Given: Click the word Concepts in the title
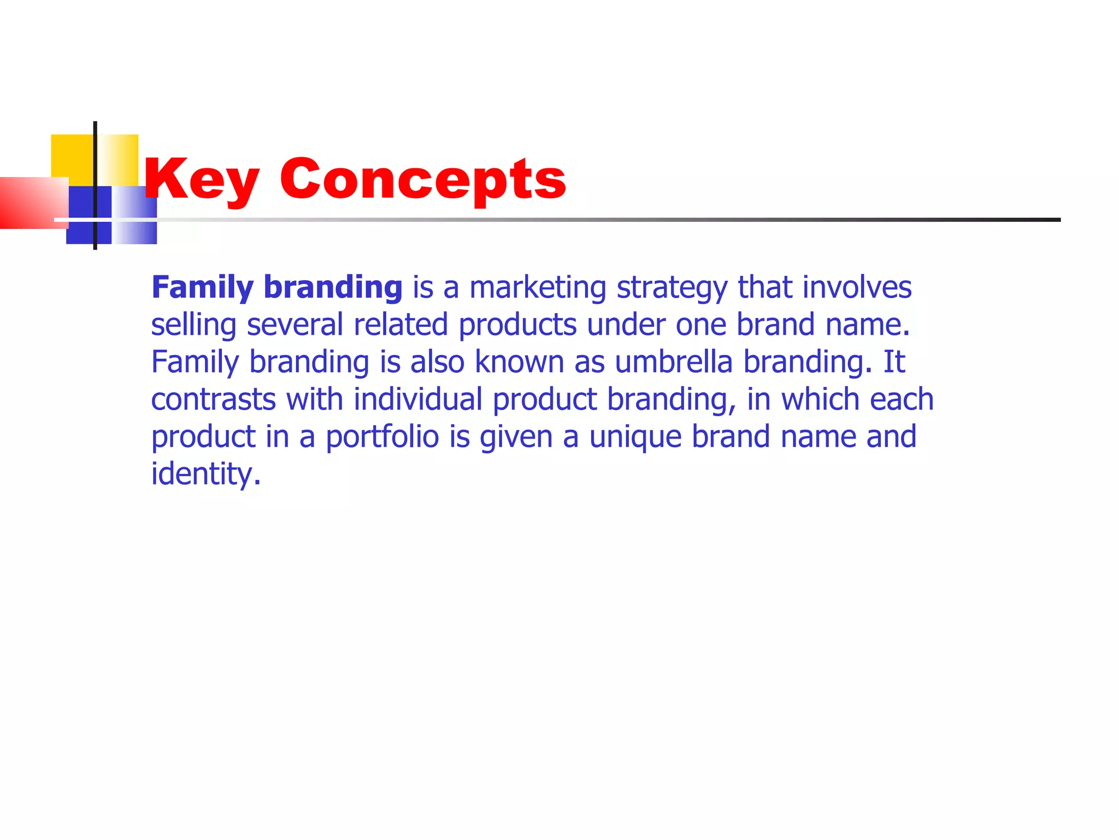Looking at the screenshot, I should pos(423,180).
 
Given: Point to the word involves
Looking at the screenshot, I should pos(857,287).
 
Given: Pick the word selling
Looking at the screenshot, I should pos(193,325).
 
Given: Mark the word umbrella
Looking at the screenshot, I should pos(673,362).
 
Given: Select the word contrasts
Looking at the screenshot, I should pos(213,399).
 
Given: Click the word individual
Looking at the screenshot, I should pos(418,399).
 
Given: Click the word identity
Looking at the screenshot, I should pos(206,474).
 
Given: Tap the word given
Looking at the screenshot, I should pos(516,437).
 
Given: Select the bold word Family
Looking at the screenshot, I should pos(202,288).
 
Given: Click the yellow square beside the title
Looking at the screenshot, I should pos(72,156).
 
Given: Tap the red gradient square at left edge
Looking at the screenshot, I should pos(30,203).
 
